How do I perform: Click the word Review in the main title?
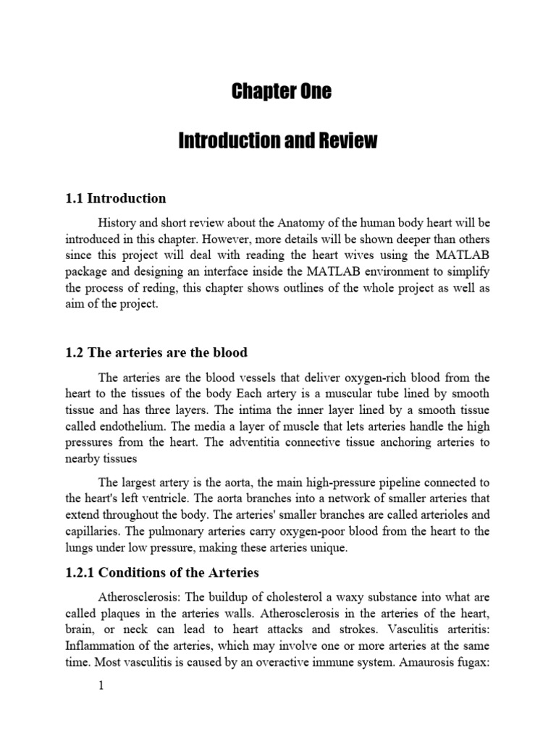click(346, 141)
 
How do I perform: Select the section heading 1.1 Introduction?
click(116, 198)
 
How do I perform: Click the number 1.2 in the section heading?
click(75, 352)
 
